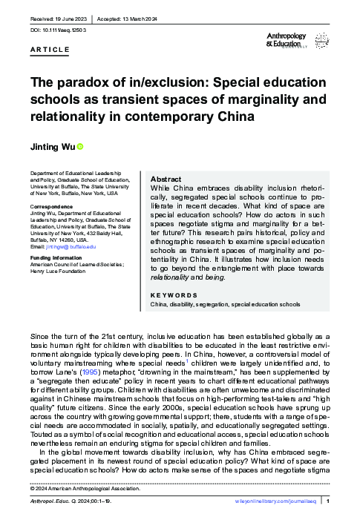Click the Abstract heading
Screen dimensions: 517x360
(x=166, y=180)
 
